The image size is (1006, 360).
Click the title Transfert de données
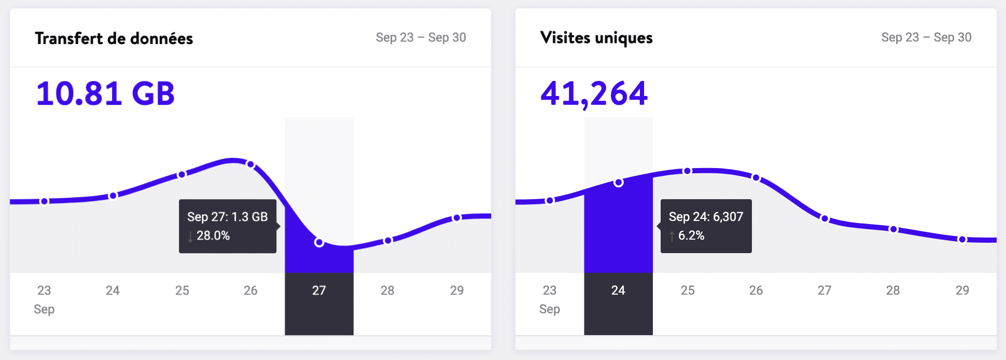pos(114,38)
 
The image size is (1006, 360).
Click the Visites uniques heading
pos(596,38)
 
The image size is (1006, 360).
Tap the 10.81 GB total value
pos(105,94)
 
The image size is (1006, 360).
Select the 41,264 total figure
pos(594,94)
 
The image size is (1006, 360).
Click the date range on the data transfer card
pos(421,37)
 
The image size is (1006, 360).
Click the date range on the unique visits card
pos(926,37)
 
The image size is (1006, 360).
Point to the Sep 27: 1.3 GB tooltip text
pos(227,217)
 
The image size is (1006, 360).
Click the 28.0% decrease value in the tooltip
pos(213,236)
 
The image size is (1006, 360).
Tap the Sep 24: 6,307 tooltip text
pos(706,217)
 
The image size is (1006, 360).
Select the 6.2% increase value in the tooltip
pos(691,236)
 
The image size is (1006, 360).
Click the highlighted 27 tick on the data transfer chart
pos(319,290)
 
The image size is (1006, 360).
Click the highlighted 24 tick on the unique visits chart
pos(618,290)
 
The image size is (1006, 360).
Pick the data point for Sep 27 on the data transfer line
pos(319,242)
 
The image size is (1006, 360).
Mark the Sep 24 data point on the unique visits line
pos(619,183)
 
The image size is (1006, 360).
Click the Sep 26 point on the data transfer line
pos(250,164)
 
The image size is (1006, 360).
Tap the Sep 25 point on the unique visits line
pos(687,171)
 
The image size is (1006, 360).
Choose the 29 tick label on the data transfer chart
pos(457,290)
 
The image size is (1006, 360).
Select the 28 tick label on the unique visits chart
pos(893,290)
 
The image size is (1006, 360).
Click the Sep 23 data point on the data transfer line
pos(45,201)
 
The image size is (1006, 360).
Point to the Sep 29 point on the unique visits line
pos(962,240)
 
